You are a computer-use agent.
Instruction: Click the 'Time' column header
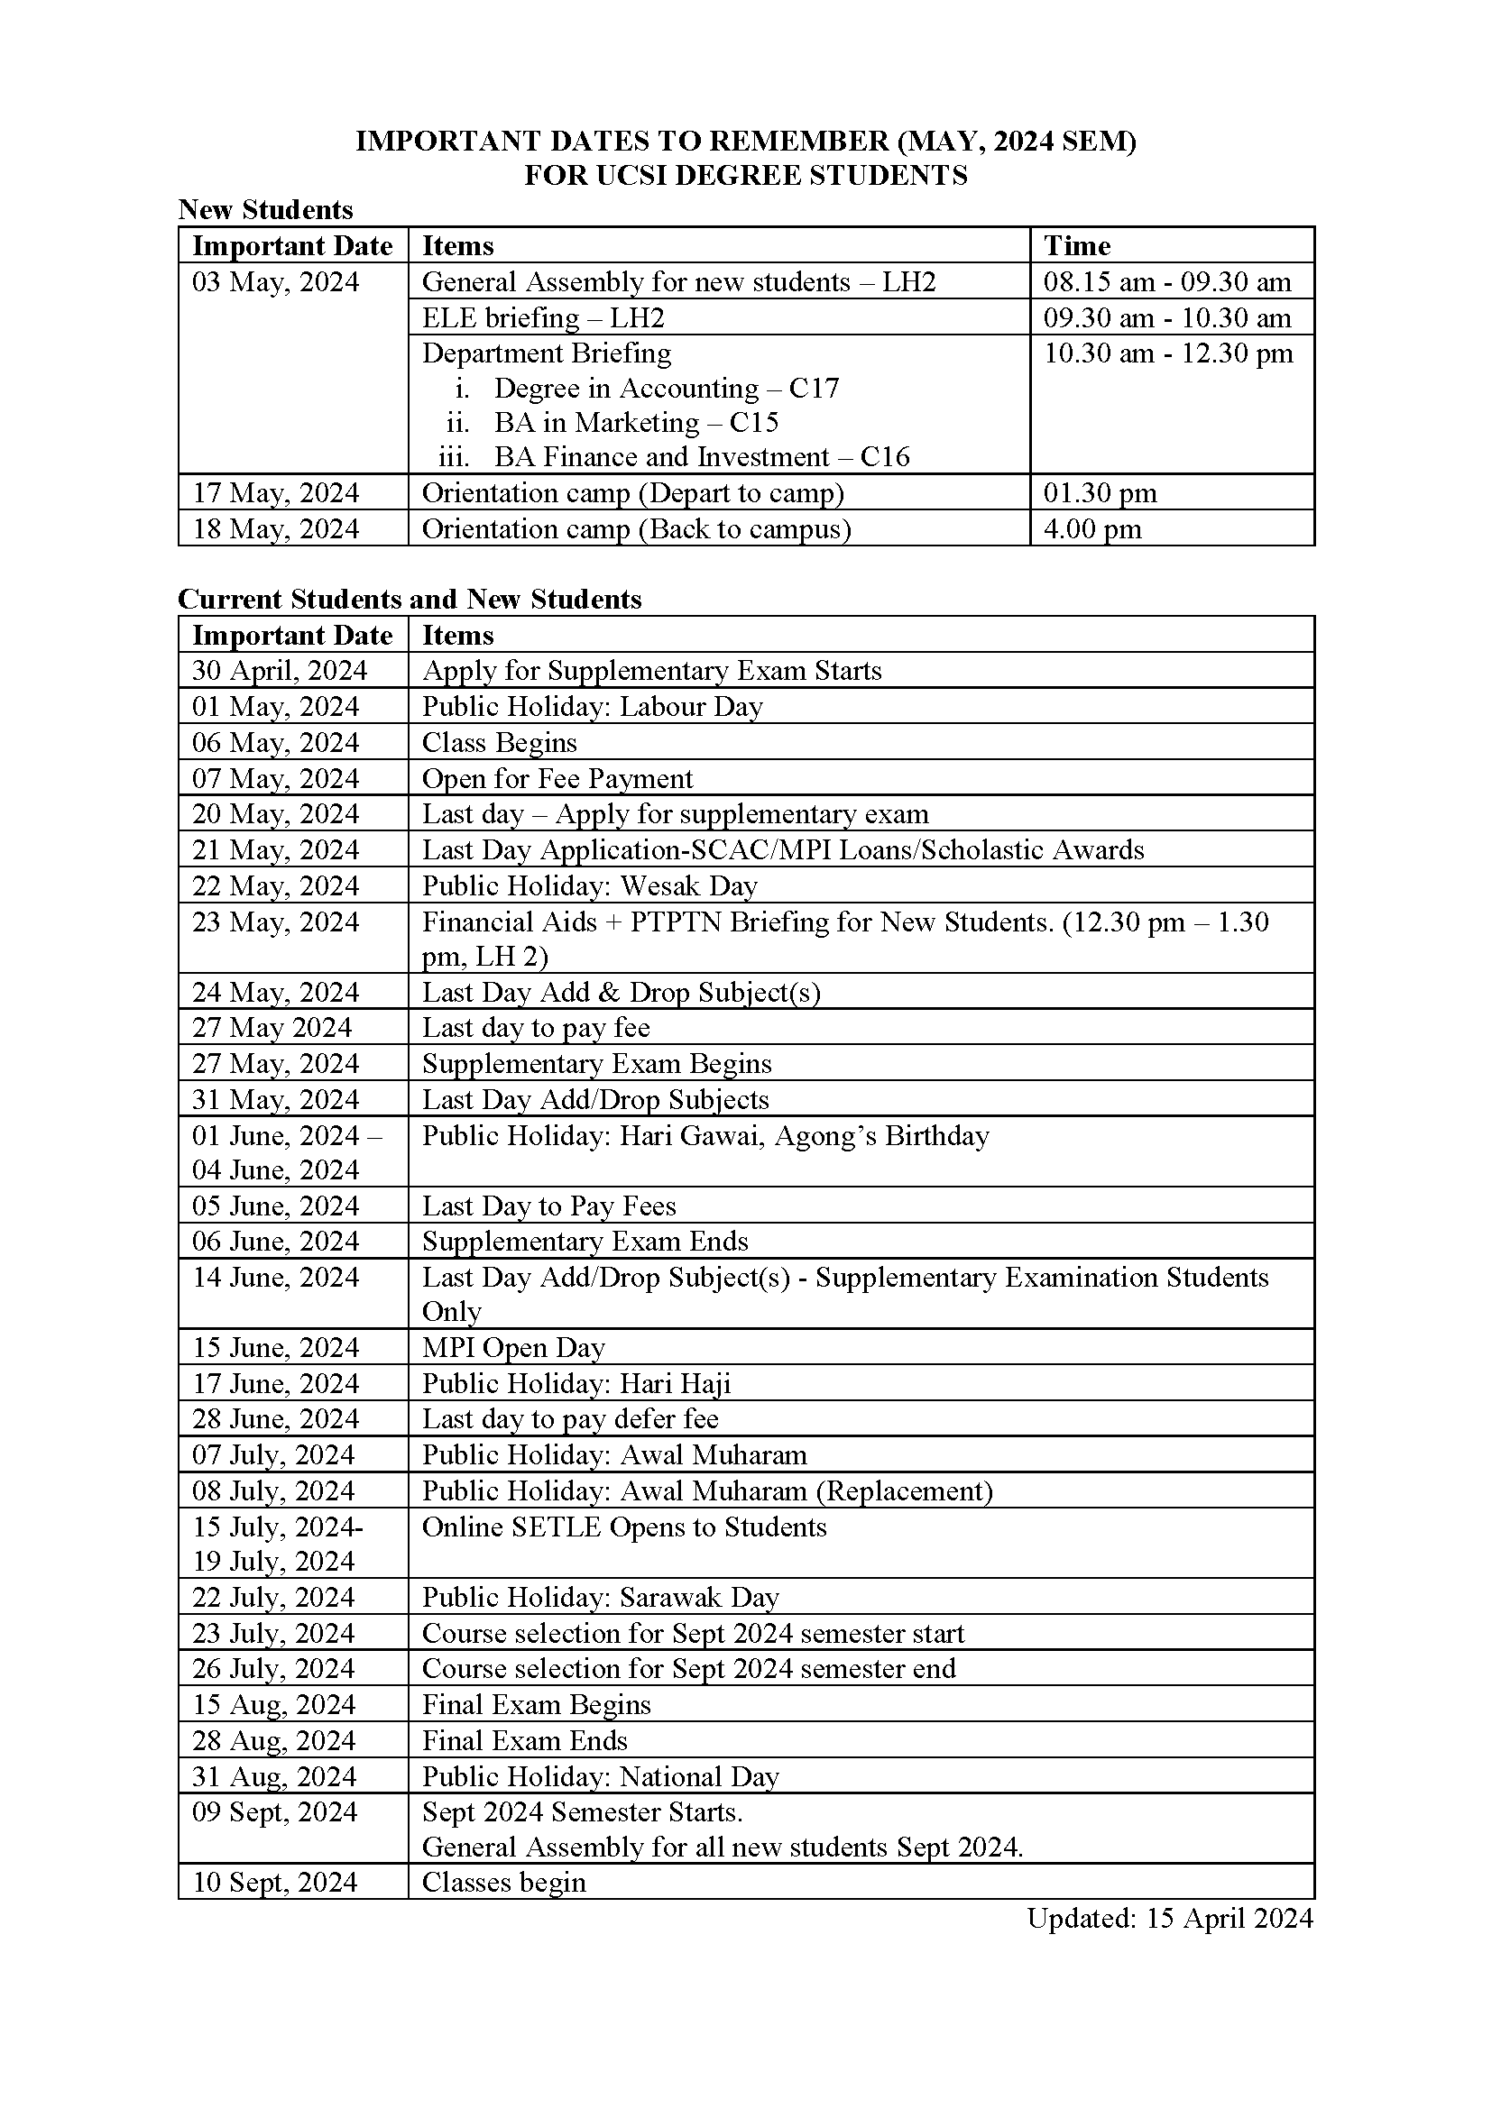(x=1077, y=246)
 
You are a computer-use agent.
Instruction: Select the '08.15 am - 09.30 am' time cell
(x=1166, y=282)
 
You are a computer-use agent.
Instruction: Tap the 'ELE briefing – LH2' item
(x=543, y=317)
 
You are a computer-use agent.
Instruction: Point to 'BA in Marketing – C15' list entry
(x=636, y=423)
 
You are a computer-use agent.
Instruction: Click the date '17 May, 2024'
(x=275, y=493)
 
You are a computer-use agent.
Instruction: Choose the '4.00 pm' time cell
(x=1092, y=529)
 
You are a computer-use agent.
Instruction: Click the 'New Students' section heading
(x=265, y=210)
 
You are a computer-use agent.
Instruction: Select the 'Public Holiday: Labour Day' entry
(x=593, y=706)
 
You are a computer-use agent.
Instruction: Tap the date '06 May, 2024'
(x=275, y=742)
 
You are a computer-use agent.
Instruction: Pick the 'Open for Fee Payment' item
(x=557, y=779)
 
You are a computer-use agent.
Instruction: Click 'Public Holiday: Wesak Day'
(x=590, y=886)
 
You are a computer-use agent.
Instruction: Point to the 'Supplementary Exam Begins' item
(x=597, y=1064)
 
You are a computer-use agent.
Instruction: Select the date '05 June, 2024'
(x=275, y=1206)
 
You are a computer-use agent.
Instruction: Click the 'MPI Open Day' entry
(x=513, y=1347)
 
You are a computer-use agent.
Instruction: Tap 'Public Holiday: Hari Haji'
(x=576, y=1383)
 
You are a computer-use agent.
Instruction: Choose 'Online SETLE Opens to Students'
(x=625, y=1527)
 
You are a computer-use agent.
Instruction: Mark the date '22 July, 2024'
(x=272, y=1598)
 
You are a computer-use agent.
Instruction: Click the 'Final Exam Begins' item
(x=537, y=1705)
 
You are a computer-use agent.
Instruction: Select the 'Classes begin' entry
(x=503, y=1882)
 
